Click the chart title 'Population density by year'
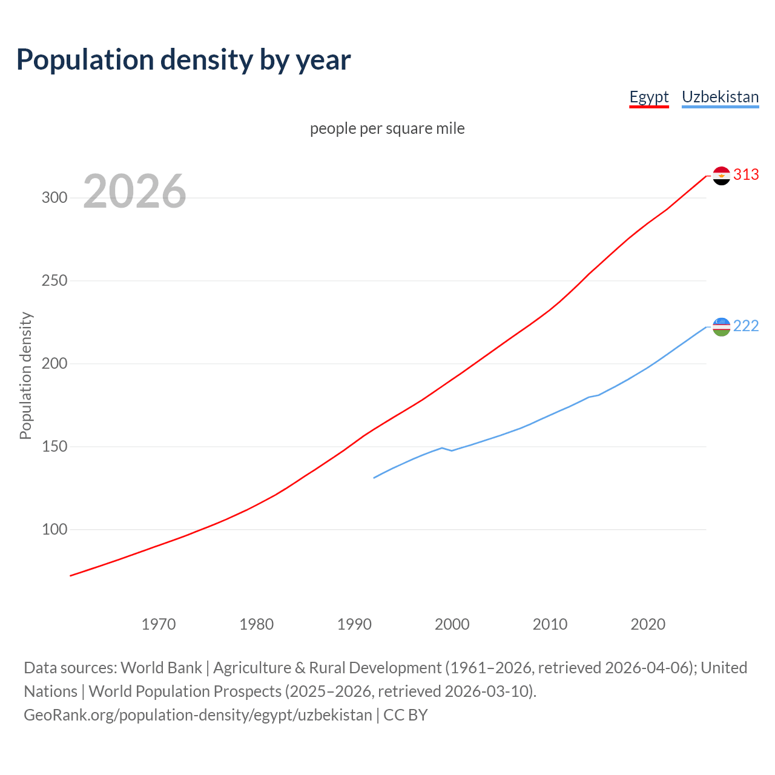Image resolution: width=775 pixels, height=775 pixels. coord(183,59)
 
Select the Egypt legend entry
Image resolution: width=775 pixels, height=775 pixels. coord(648,97)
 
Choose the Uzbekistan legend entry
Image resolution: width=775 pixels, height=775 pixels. coord(720,97)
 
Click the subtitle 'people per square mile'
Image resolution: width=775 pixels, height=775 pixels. coord(387,128)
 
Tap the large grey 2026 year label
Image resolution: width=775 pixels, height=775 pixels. coord(134,191)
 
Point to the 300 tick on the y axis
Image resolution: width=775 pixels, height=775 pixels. coord(54,198)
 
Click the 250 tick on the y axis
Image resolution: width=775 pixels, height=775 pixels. coord(54,281)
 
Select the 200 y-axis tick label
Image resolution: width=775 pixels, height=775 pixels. coord(54,364)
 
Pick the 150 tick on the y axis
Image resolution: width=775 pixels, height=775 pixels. coord(54,447)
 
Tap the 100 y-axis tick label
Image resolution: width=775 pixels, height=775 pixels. coord(54,530)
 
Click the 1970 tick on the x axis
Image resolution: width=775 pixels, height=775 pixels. coord(159,624)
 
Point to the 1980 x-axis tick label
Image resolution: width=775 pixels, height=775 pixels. coord(257,624)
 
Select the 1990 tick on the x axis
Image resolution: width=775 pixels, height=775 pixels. coord(354,624)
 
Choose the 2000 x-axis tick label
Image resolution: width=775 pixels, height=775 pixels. coord(452,624)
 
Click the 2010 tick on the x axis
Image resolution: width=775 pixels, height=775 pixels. coord(550,624)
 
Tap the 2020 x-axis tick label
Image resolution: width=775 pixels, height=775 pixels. coord(648,624)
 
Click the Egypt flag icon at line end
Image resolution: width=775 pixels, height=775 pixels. coord(721,176)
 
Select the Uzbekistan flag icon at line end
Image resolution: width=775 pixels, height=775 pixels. coord(721,327)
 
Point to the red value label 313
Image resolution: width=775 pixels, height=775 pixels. coord(746,175)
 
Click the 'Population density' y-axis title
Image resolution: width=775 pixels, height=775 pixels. coord(25,375)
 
